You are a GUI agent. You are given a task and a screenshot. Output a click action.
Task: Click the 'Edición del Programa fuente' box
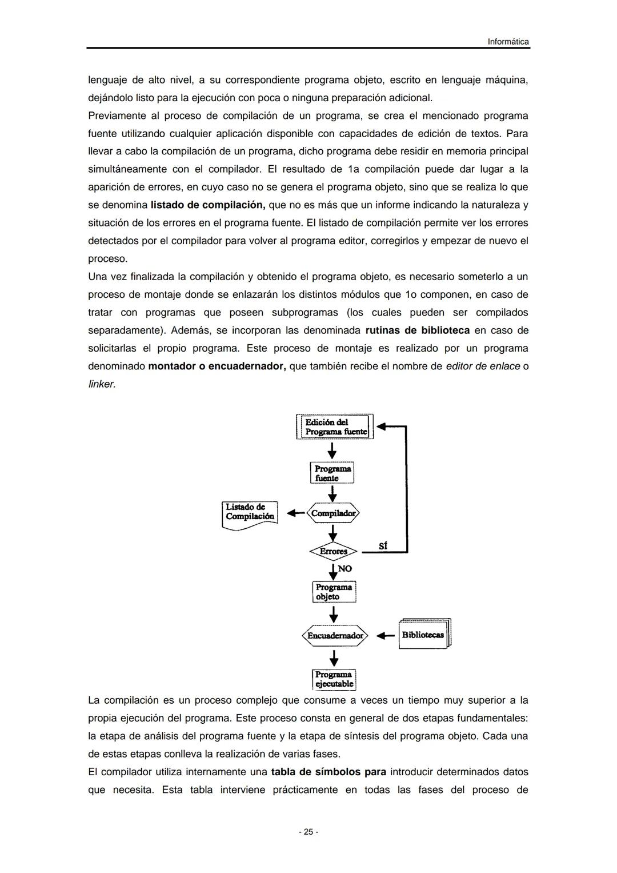(335, 426)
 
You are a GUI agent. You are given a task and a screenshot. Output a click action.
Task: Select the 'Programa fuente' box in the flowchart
(332, 473)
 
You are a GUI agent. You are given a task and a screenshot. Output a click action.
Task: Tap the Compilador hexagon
(334, 513)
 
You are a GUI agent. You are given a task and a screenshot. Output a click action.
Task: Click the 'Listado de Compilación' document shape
(250, 513)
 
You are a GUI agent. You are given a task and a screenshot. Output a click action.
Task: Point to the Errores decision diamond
(333, 552)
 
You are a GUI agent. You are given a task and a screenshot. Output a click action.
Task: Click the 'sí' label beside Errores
(383, 546)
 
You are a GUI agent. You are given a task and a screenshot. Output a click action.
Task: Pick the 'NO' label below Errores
(345, 569)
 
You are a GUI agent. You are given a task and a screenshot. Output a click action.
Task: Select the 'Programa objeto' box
(334, 592)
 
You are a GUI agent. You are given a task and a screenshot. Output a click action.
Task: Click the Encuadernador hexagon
(335, 635)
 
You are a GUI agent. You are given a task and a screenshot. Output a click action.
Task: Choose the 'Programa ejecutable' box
(334, 679)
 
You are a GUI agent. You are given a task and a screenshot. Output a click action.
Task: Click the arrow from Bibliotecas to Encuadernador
(386, 635)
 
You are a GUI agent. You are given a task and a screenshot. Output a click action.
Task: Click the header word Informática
(508, 42)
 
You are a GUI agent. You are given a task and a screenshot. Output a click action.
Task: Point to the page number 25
(308, 832)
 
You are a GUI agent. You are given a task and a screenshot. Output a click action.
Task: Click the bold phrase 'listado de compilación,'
(208, 205)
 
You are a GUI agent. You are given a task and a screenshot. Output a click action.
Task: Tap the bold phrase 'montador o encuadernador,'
(217, 366)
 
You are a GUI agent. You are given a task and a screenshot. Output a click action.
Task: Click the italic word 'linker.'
(102, 384)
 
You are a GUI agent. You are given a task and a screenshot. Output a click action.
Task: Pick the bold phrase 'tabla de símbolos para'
(328, 772)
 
